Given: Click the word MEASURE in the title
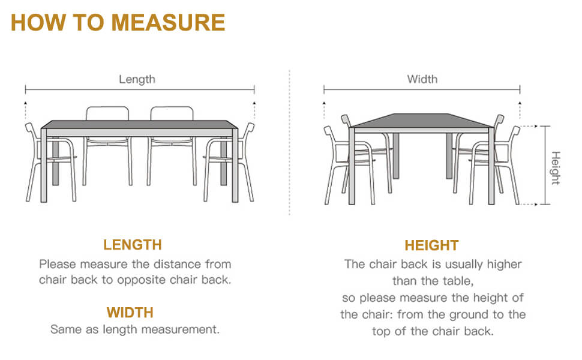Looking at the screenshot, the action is (168, 22).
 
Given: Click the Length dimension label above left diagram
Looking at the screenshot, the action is (137, 79).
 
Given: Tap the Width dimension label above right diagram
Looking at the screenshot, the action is (422, 79).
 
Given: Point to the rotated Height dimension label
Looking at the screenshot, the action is (555, 168).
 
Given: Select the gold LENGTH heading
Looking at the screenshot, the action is (133, 245).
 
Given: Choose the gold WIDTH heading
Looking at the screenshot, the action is (130, 313).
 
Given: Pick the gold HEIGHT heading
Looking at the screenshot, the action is (431, 245).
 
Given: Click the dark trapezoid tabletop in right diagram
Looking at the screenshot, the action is (422, 120).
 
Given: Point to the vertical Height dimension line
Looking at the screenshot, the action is (545, 165).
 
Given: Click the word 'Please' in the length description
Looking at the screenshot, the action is (58, 264).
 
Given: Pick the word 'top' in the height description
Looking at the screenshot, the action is (382, 331).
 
